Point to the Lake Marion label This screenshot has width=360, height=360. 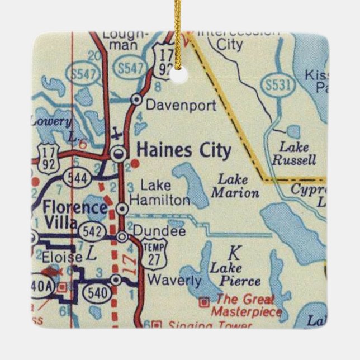pos(235,187)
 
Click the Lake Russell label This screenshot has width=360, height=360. pos(294,154)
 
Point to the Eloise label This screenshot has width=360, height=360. pos(61,257)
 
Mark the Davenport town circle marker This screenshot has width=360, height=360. pos(135,100)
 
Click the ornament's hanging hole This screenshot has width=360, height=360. pos(180,75)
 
